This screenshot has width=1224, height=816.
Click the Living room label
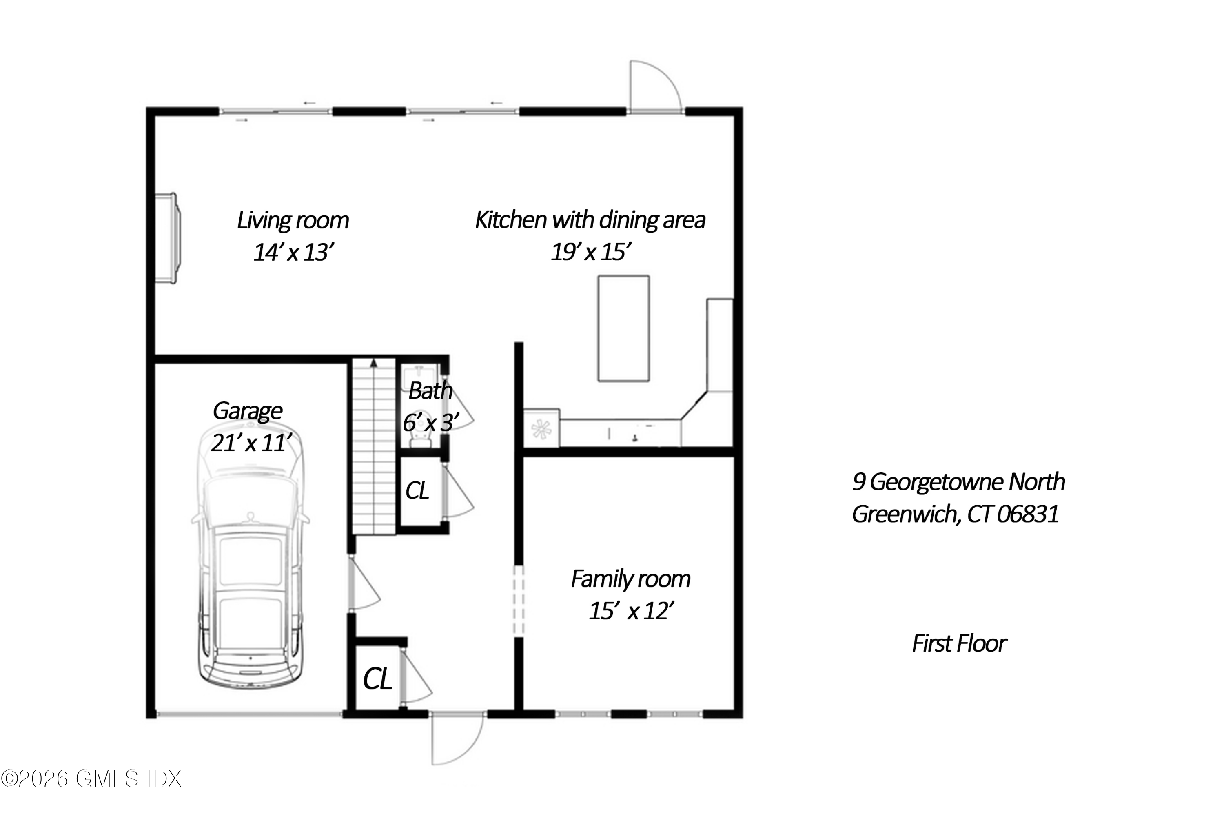(x=293, y=220)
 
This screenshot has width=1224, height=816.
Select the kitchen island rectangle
(x=623, y=328)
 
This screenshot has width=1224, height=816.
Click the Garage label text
(x=247, y=411)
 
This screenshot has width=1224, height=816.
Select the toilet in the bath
(x=421, y=435)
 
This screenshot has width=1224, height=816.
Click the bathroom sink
(x=419, y=374)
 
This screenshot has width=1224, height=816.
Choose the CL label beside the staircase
(x=417, y=490)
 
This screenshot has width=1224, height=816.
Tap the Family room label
(x=630, y=579)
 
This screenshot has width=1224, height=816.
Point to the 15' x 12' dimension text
(x=631, y=611)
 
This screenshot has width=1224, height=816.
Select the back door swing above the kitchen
(x=653, y=86)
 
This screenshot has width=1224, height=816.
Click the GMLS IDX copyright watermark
(x=91, y=778)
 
